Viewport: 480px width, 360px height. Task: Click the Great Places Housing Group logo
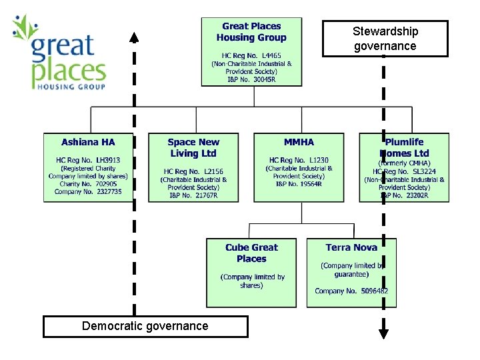59,52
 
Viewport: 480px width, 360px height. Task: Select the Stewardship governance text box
385,39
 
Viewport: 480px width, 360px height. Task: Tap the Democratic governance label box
145,326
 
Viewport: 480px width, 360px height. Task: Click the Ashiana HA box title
88,142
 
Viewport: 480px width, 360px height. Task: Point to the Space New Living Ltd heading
193,147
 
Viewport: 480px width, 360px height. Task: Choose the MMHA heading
299,142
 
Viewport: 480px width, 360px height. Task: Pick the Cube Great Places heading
251,253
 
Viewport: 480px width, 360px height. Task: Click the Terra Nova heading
351,247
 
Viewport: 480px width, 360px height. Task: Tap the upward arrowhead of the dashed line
135,37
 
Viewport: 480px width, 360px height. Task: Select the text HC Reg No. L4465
251,55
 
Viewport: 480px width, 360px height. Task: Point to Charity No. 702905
88,183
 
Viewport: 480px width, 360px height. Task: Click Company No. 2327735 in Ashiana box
88,191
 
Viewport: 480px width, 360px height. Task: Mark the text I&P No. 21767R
193,195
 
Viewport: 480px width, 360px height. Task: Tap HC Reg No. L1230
299,160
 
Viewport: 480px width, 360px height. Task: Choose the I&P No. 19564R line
299,184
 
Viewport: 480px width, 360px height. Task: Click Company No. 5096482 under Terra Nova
351,291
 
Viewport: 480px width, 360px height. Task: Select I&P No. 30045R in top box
251,79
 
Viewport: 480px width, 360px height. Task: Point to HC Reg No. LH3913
88,160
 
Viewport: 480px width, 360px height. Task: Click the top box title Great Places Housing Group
251,32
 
